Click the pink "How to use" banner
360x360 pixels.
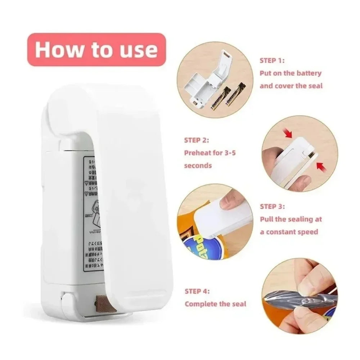pos(96,50)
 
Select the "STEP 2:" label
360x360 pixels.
pos(197,140)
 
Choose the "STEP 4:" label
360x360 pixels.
pos(197,291)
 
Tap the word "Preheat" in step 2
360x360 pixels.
pos(198,153)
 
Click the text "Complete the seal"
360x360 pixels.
pos(215,304)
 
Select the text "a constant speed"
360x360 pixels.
pos(289,232)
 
